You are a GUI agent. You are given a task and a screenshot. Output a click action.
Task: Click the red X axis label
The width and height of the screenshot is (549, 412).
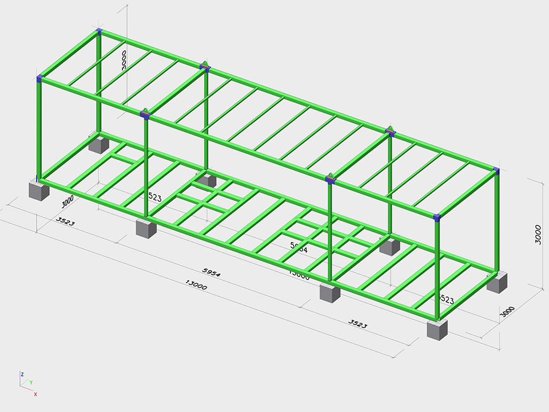pos(35,394)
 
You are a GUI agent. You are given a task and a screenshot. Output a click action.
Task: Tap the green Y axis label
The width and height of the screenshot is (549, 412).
pos(31,382)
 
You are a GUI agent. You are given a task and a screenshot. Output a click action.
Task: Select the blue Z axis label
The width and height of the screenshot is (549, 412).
pos(22,374)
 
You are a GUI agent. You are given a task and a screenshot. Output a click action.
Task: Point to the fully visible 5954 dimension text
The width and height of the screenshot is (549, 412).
pos(211,272)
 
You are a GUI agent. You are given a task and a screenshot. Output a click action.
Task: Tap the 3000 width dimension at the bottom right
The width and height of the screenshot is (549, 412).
pos(507,312)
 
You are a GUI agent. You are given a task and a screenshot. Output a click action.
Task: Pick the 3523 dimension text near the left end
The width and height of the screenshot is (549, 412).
pos(65,221)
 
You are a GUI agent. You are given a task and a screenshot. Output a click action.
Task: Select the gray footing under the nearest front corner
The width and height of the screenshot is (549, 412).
pos(437,330)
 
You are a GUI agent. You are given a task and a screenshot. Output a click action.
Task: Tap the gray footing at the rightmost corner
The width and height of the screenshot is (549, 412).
pos(497,282)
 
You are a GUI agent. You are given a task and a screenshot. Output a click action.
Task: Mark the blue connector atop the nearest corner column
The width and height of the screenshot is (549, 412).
pos(437,217)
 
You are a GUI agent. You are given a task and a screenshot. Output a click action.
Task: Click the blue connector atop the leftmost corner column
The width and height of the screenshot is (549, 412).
pos(39,78)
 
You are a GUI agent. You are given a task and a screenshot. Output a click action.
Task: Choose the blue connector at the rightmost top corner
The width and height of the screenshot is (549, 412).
pos(496,171)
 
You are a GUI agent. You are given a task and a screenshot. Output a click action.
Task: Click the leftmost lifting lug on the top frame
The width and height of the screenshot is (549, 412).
pos(145,112)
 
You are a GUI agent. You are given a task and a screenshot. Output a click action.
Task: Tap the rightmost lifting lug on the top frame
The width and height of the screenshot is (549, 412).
pos(391,130)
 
